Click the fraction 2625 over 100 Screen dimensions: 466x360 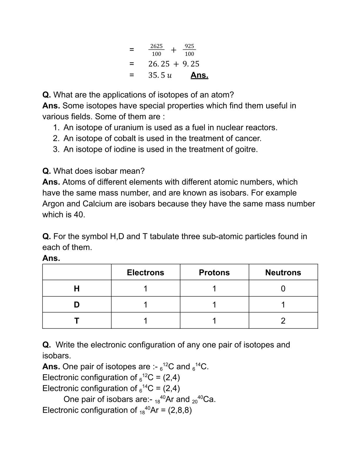tap(156, 50)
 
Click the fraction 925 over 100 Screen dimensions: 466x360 tap(189, 50)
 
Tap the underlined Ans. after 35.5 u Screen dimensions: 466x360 tap(199, 75)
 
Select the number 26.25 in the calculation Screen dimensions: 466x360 tap(159, 64)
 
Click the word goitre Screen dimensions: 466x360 tap(246, 149)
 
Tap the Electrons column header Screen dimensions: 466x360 tap(145, 272)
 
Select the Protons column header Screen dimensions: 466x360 tap(214, 272)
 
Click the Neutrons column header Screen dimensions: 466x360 tap(283, 272)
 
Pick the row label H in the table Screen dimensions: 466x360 tap(77, 289)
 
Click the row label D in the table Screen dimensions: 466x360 tap(77, 304)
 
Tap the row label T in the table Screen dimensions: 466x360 tap(77, 321)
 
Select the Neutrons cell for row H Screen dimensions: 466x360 tap(283, 289)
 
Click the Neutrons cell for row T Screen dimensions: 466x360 tap(283, 321)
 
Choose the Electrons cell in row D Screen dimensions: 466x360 tap(145, 304)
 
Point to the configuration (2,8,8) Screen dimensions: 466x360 tap(180, 410)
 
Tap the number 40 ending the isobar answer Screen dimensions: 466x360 tap(79, 214)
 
